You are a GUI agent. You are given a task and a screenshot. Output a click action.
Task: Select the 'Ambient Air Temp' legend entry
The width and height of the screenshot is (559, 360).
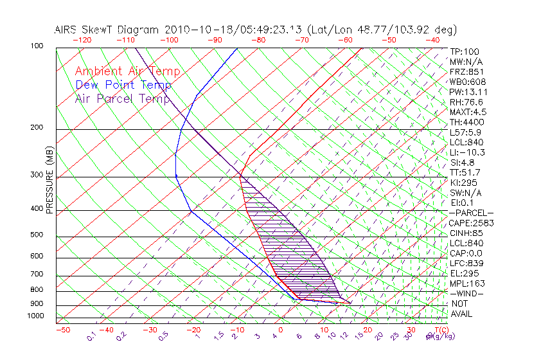click(127, 71)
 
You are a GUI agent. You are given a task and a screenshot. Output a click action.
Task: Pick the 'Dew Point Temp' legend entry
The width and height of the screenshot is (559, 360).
click(123, 85)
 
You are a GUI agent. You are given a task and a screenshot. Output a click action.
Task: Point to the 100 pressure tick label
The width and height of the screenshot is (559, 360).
click(37, 46)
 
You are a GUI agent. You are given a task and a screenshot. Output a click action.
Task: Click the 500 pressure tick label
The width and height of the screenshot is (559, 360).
click(37, 235)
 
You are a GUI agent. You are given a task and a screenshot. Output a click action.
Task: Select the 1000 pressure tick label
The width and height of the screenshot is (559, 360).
click(35, 316)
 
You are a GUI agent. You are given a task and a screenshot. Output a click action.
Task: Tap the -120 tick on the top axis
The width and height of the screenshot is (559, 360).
click(82, 40)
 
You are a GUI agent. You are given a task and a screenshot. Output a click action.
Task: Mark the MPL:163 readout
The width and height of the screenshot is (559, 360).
click(466, 283)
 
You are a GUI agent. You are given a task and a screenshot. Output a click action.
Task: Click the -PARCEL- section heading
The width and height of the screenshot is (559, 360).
click(471, 213)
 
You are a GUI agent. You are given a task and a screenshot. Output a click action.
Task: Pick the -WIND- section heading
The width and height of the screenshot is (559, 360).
click(467, 294)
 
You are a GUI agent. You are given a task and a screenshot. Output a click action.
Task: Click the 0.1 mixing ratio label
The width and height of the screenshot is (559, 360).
click(91, 336)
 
